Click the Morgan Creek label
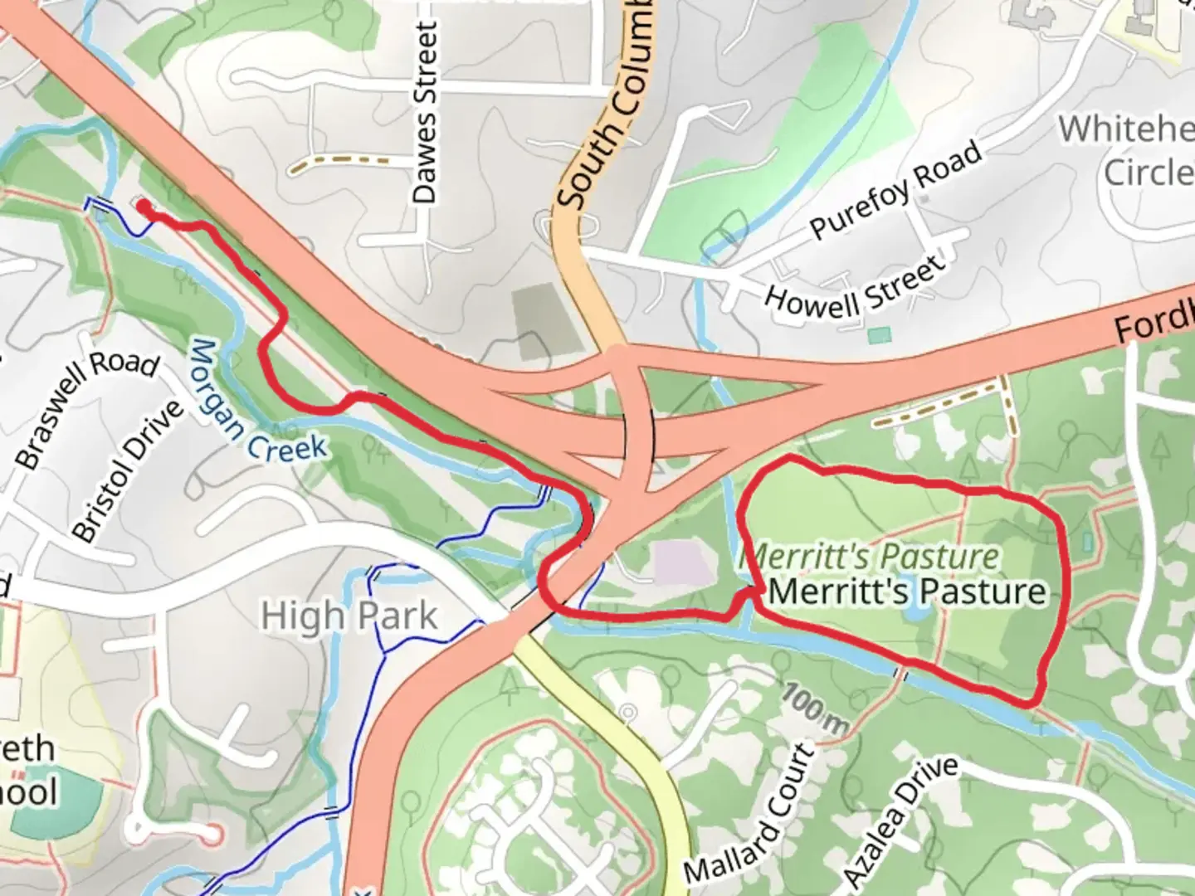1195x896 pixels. (258, 402)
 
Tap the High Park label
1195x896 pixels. (349, 616)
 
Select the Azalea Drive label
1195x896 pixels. (900, 821)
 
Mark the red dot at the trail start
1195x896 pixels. (144, 205)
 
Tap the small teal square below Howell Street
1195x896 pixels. (879, 335)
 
